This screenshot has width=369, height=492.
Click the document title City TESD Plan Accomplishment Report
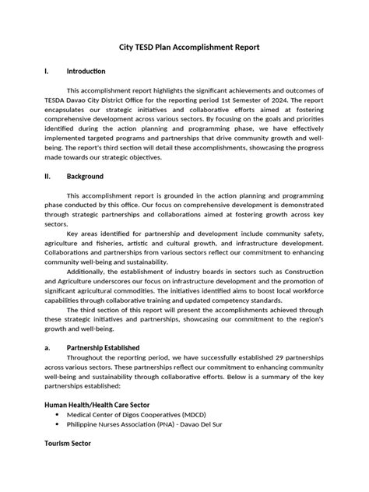pos(184,47)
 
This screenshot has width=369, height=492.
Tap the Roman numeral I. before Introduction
pos(47,72)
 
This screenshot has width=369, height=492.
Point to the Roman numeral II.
pos(48,177)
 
